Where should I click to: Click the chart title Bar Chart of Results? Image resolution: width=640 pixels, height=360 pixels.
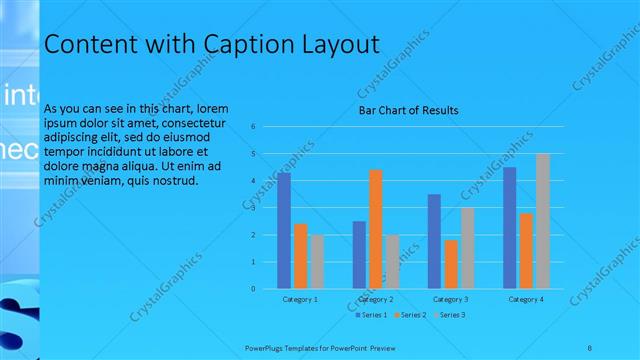[x=408, y=110]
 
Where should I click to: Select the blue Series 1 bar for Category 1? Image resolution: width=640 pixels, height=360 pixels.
[x=284, y=230]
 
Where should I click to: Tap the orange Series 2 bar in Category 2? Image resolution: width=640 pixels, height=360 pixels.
[x=376, y=229]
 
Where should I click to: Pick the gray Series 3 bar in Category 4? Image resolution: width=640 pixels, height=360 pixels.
[x=543, y=221]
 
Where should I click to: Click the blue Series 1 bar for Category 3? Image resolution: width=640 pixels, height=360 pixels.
[x=434, y=241]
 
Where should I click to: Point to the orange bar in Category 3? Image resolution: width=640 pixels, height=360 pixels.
[x=451, y=264]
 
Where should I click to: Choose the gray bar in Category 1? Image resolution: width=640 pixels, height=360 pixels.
[x=317, y=262]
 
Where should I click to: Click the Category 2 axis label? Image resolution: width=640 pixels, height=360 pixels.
[x=376, y=299]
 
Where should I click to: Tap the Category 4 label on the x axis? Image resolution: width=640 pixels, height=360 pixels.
[x=526, y=299]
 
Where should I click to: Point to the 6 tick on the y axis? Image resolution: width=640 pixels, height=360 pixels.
[x=254, y=127]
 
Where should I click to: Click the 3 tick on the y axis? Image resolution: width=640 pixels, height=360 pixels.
[x=254, y=208]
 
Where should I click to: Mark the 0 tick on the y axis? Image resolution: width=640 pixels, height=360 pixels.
[x=254, y=289]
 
